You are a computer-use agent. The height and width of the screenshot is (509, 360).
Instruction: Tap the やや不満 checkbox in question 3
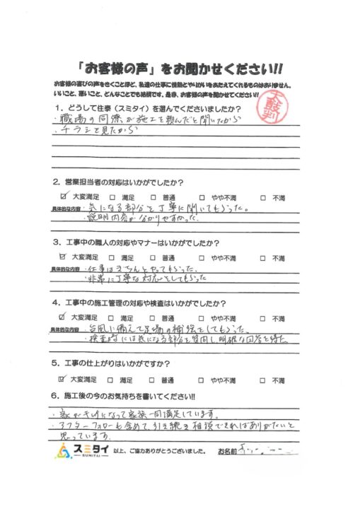coord(202,259)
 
